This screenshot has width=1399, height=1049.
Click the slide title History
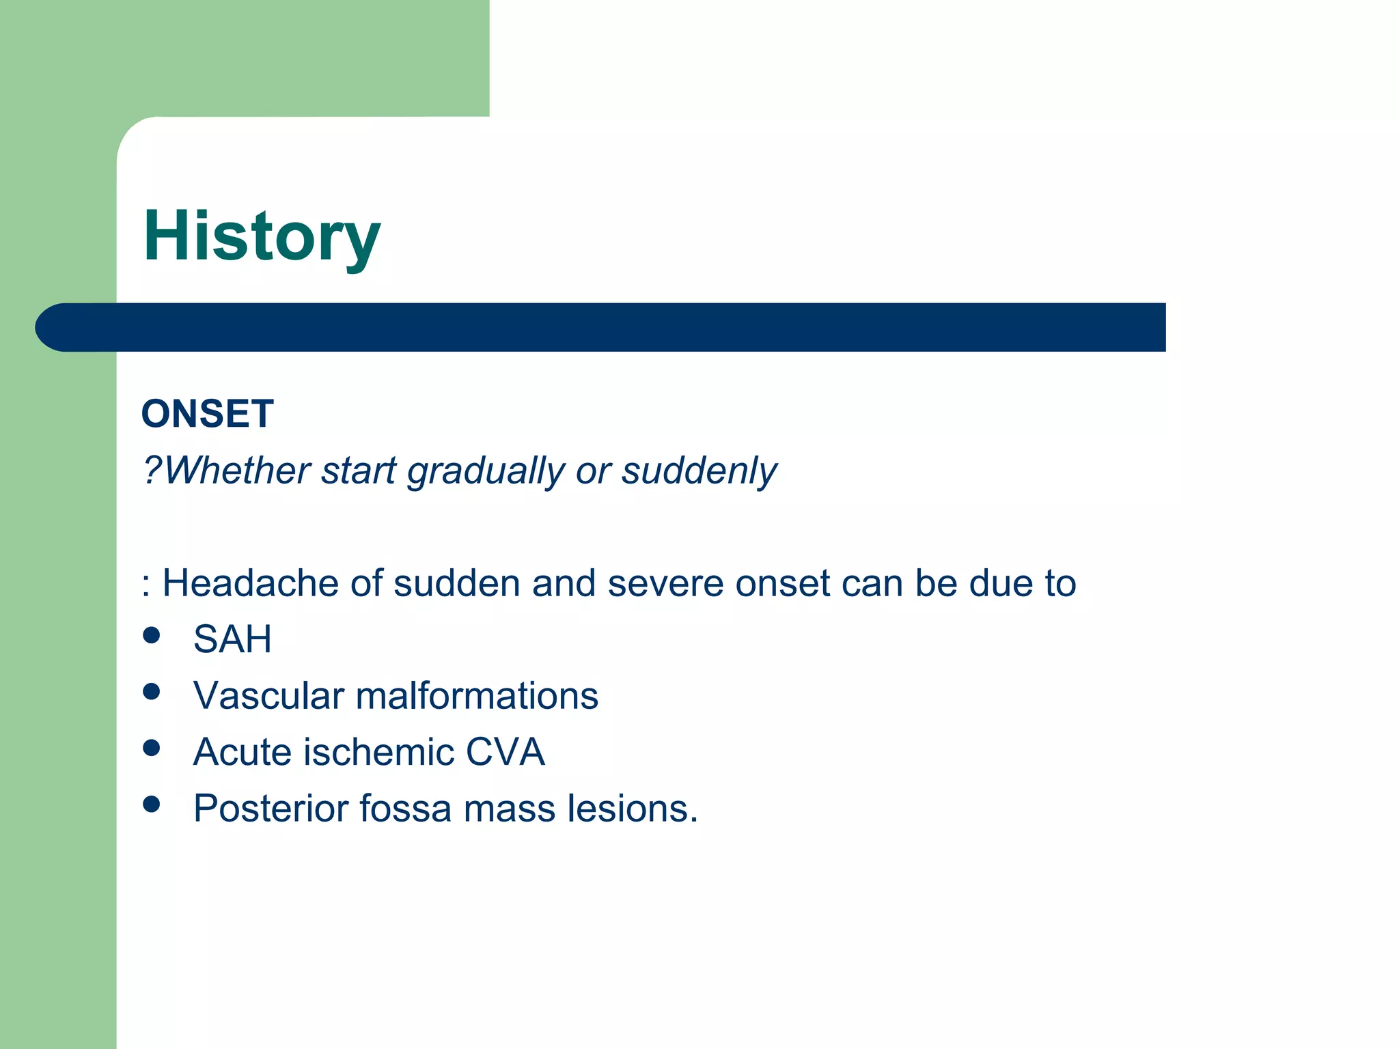[262, 236]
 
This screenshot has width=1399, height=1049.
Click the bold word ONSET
[208, 414]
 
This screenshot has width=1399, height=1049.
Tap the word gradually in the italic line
[486, 471]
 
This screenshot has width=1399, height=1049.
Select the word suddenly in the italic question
[699, 471]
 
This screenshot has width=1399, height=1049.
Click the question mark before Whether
[152, 471]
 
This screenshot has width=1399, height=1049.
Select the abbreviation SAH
[232, 640]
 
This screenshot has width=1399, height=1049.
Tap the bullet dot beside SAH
[152, 636]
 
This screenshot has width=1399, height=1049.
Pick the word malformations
[477, 696]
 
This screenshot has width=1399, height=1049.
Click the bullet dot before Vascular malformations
[152, 692]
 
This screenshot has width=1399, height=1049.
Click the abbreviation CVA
[505, 752]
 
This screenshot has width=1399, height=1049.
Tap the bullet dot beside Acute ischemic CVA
[152, 748]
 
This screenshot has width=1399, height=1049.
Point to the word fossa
[405, 809]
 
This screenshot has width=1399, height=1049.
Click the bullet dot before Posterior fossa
[152, 804]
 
